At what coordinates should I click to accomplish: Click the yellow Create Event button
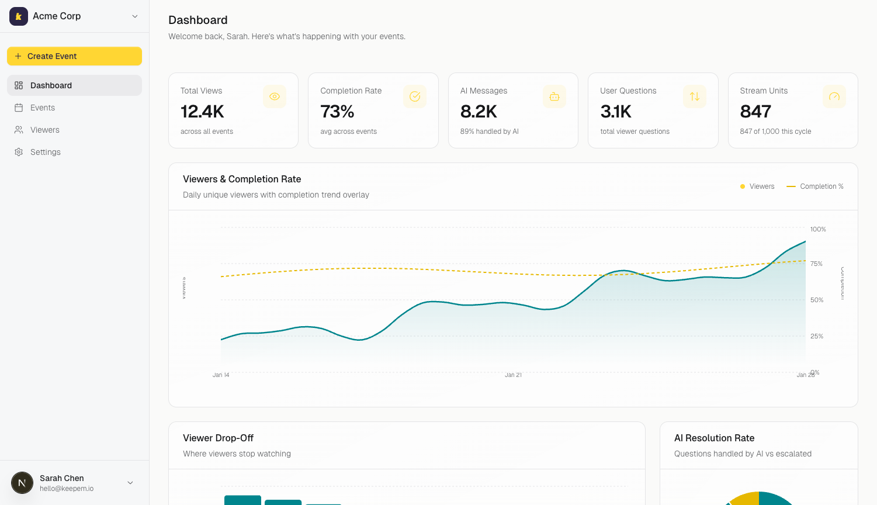point(74,56)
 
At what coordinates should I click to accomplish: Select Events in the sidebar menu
point(43,108)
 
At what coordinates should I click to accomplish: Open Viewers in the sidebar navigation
point(45,130)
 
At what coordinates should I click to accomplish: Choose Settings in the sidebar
point(46,152)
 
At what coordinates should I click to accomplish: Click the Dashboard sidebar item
point(51,85)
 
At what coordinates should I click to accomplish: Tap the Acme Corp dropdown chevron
point(135,16)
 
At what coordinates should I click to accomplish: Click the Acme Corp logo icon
point(19,16)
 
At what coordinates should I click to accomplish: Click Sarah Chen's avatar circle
point(22,483)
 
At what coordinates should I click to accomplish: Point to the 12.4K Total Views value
point(202,111)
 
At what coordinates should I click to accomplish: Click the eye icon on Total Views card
point(275,96)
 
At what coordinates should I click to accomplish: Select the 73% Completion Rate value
point(337,111)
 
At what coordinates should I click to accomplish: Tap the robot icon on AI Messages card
point(554,96)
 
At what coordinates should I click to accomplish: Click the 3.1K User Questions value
point(616,111)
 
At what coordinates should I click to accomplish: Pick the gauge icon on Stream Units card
point(834,96)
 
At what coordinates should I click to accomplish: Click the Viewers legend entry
point(757,186)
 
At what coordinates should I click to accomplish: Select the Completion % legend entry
point(816,186)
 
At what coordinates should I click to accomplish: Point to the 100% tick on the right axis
point(818,229)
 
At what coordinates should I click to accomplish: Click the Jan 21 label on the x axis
point(513,375)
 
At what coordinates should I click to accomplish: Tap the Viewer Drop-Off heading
point(218,438)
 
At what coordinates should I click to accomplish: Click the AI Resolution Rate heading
point(714,438)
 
